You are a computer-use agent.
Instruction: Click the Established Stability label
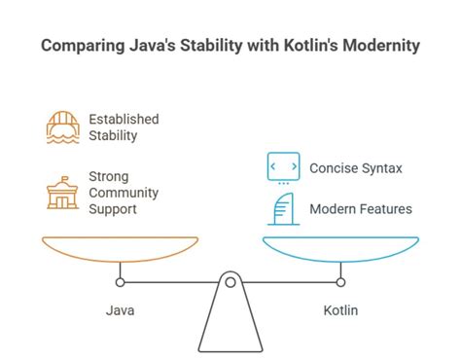(124, 127)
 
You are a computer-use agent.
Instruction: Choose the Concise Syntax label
(356, 168)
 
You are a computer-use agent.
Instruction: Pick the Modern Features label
(361, 208)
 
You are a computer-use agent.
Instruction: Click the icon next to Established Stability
(62, 128)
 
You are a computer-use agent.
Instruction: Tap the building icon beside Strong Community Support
(62, 193)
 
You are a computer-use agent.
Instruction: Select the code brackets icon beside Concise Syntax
(283, 166)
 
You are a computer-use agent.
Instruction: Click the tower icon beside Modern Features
(283, 207)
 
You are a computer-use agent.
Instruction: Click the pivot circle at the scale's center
(230, 283)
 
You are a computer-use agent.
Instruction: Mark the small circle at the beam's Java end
(121, 283)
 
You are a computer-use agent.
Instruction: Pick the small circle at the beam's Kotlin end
(340, 283)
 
